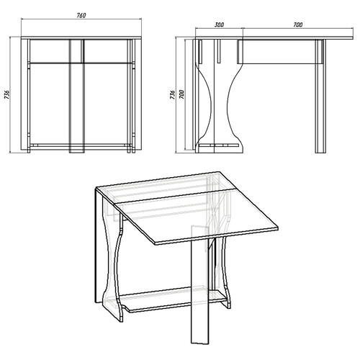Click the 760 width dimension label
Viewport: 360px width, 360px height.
81,15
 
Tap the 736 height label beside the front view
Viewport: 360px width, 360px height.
7,94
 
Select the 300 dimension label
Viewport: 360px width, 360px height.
219,24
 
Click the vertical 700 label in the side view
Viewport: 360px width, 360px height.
181,94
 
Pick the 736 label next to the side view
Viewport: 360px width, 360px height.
172,94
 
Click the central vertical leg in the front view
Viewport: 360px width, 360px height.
77,96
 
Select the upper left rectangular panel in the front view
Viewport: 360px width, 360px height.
50,51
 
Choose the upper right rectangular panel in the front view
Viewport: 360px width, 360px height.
106,51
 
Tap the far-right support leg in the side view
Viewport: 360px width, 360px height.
320,96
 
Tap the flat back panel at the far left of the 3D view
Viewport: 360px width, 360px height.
99,247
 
